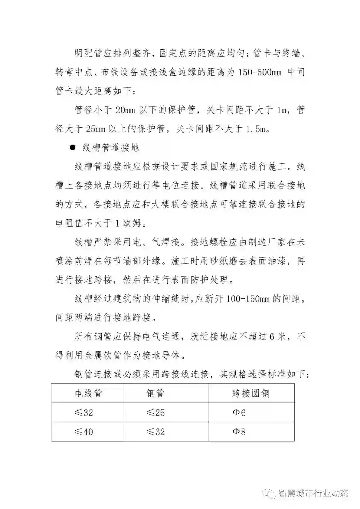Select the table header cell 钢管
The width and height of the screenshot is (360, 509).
pos(155,393)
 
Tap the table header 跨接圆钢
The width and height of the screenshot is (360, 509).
pos(251,393)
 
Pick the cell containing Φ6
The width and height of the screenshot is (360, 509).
pos(239,413)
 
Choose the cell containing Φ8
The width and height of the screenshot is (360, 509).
pos(239,432)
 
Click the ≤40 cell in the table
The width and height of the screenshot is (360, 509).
pos(84,432)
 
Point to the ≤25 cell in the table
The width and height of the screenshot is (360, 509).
pos(156,413)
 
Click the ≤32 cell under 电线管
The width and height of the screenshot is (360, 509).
pos(84,413)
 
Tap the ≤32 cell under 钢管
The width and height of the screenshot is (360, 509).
pos(156,432)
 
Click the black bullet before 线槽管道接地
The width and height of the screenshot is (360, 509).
pos(72,147)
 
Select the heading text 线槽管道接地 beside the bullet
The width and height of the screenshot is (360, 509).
pos(111,148)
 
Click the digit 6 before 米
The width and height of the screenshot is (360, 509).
pos(272,337)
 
